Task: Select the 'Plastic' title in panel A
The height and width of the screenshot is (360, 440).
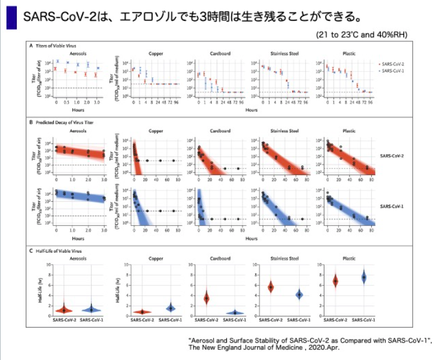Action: (348, 53)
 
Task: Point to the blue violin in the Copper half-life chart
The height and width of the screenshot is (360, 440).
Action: (170, 308)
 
